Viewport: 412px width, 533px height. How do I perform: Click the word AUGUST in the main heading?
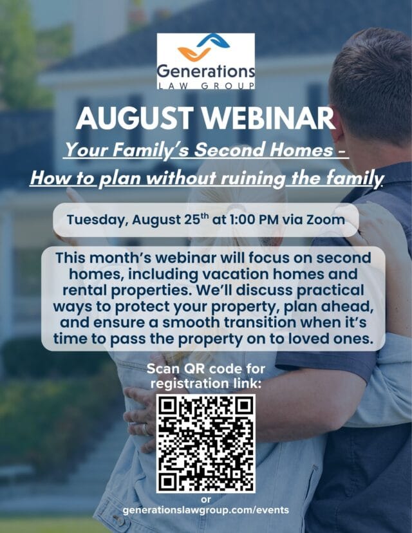(x=135, y=118)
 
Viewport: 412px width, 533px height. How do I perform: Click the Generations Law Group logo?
(x=205, y=61)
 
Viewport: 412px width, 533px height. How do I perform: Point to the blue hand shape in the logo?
(x=214, y=40)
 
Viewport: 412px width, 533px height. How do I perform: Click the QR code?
(x=206, y=444)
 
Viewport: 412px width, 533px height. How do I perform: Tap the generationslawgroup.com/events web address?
(x=205, y=510)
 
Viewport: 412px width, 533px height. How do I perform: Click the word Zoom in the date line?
(x=326, y=220)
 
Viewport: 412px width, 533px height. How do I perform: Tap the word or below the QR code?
(x=206, y=500)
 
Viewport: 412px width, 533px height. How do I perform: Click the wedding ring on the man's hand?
(x=146, y=429)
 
